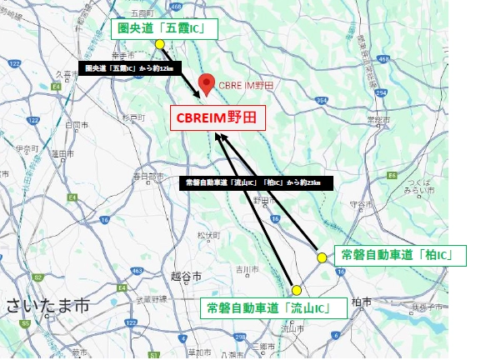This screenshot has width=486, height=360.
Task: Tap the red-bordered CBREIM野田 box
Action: click(x=218, y=117)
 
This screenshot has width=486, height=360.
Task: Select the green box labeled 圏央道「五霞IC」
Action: click(x=164, y=31)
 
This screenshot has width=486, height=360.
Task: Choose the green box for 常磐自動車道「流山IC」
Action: click(x=274, y=308)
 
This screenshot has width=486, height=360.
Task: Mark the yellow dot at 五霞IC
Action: click(x=159, y=44)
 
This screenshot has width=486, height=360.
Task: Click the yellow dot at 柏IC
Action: click(x=323, y=258)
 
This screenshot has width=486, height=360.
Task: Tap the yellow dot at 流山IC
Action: click(x=296, y=290)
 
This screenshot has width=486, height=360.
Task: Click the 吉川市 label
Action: click(x=244, y=268)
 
